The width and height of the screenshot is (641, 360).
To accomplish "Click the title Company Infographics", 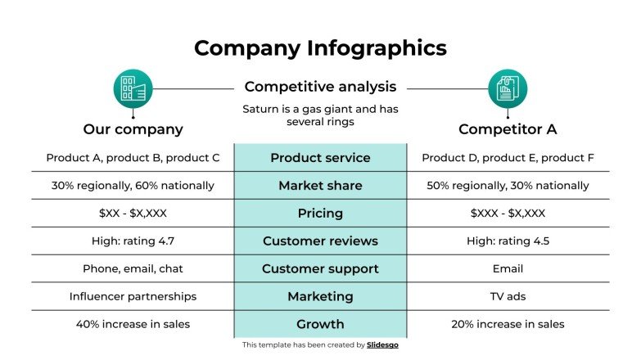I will (320, 47).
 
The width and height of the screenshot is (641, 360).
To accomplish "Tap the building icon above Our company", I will (133, 88).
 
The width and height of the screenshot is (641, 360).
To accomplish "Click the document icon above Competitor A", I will (508, 88).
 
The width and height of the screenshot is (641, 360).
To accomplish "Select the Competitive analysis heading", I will (320, 87).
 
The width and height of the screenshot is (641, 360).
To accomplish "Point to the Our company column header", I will (133, 129).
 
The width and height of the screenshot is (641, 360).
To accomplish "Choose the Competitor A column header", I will (508, 129).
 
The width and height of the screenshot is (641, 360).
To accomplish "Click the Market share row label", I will (320, 186).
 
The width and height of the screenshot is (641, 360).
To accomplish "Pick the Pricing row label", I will (320, 214).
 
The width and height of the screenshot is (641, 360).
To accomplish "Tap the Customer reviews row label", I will (320, 241).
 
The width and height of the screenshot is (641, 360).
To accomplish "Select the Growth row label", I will (320, 324).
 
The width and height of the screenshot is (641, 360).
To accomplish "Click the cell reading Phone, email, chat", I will (133, 268).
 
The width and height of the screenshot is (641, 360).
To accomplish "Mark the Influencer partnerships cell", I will (133, 296).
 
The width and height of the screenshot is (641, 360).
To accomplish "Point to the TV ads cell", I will (508, 296).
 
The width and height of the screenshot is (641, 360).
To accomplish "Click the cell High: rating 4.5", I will (508, 241).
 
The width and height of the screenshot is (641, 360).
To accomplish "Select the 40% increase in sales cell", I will (133, 324).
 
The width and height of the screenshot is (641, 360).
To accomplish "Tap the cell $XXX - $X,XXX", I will (508, 214).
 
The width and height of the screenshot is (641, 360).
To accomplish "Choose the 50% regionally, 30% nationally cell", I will (508, 186).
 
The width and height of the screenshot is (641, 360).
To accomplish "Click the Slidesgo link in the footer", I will (382, 345).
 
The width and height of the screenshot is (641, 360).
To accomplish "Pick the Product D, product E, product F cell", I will (508, 158).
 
